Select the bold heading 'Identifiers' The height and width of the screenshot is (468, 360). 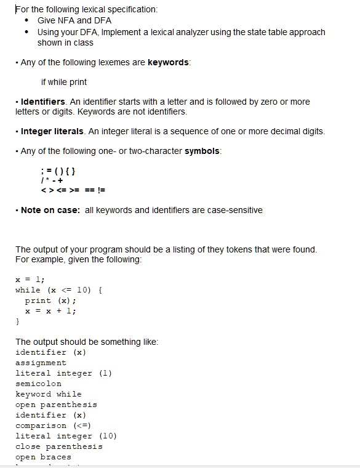[x=42, y=101]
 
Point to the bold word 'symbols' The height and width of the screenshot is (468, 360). [x=202, y=151]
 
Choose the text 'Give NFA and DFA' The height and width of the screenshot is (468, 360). [x=74, y=20]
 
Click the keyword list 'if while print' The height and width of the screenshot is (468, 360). [x=63, y=82]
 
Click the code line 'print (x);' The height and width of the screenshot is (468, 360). [x=50, y=301]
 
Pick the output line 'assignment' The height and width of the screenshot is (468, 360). [x=41, y=363]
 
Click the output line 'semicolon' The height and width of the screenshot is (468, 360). [x=38, y=384]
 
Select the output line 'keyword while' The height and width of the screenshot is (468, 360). [x=48, y=394]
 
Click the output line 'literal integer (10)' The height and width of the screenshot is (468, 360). [x=66, y=436]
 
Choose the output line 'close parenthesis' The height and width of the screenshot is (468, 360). [x=58, y=446]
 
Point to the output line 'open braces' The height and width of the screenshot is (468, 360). [x=43, y=457]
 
